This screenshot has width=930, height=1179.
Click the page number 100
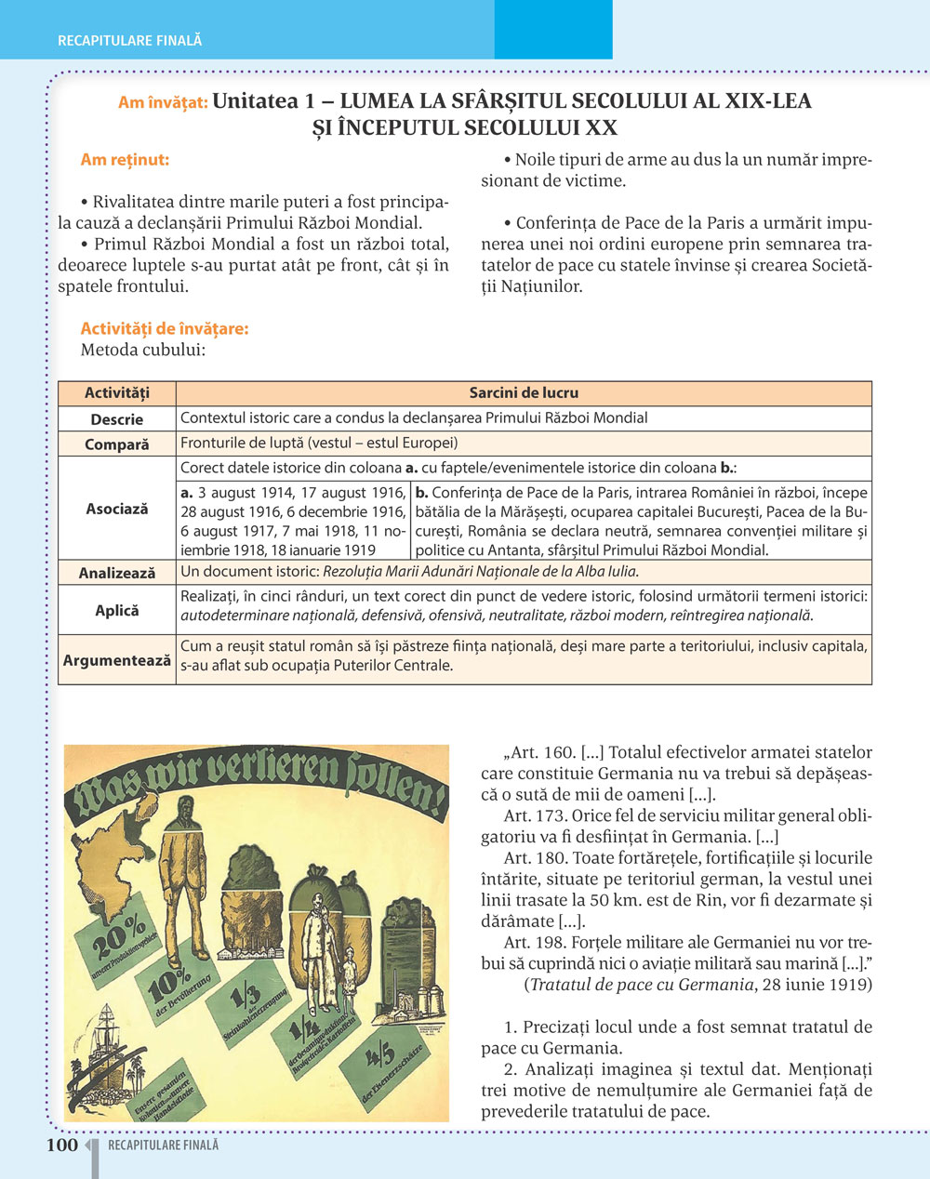tap(62, 1145)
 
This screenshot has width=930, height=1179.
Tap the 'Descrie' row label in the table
tap(117, 419)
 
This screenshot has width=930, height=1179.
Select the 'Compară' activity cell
tap(117, 444)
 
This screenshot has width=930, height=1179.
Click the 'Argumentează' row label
tap(117, 660)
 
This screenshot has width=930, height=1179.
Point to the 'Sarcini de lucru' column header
tap(524, 393)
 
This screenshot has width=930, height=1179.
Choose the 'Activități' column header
tap(117, 393)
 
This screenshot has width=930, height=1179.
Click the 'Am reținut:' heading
tap(125, 160)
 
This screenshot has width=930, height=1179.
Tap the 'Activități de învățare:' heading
tap(165, 328)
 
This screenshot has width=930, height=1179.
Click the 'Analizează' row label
tap(117, 573)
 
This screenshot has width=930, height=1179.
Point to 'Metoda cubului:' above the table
tap(142, 351)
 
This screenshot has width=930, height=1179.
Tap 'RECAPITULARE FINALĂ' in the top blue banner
tap(129, 41)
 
